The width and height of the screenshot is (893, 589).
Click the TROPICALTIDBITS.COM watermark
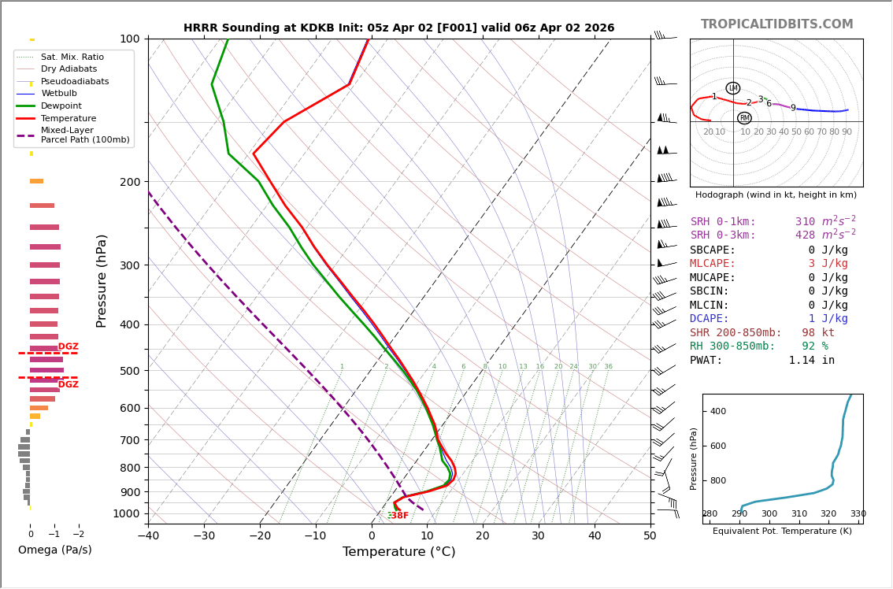click(x=776, y=24)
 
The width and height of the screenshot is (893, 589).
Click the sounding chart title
click(x=398, y=28)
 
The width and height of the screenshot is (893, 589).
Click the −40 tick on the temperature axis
click(x=148, y=536)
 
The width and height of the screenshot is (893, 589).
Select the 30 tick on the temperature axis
click(x=538, y=536)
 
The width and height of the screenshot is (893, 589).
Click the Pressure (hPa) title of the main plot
click(x=102, y=280)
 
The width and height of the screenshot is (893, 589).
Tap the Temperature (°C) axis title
click(x=398, y=552)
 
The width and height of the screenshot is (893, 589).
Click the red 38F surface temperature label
click(x=399, y=516)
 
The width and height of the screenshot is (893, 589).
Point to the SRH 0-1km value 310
click(x=805, y=222)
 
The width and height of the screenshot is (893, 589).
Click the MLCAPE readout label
click(x=713, y=264)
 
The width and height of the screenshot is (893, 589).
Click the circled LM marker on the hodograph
click(x=733, y=88)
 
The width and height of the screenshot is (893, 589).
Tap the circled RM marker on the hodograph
click(x=744, y=118)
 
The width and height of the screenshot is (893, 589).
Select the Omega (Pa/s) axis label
click(x=54, y=550)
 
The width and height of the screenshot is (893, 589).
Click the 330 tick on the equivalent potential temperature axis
click(x=858, y=514)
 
